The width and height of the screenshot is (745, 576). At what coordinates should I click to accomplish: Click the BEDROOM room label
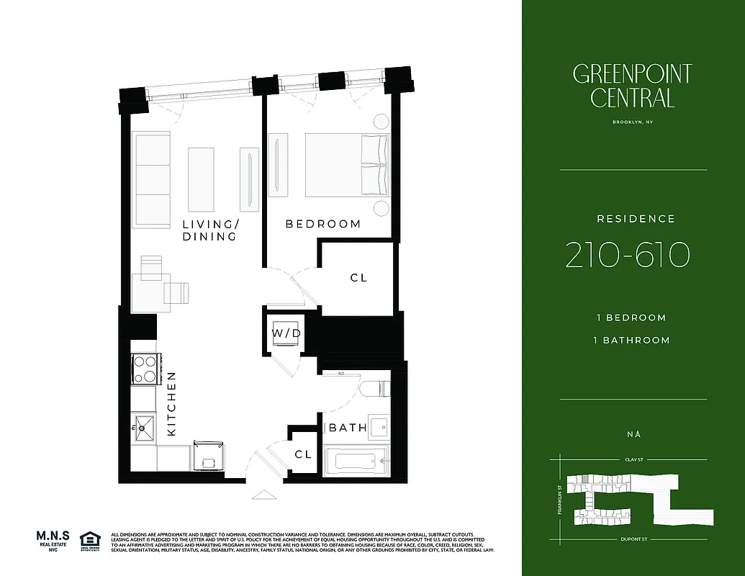(323, 224)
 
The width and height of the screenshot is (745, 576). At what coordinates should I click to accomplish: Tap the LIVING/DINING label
(209, 230)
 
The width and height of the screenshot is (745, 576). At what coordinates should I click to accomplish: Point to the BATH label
(348, 428)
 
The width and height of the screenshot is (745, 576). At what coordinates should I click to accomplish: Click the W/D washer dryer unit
(286, 333)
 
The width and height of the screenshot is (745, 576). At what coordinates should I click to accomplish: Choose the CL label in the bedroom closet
(358, 277)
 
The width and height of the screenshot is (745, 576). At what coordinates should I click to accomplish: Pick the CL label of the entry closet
(303, 454)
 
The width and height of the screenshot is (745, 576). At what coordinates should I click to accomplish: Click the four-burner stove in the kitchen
(145, 369)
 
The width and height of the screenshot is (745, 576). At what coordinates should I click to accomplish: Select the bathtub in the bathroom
(356, 460)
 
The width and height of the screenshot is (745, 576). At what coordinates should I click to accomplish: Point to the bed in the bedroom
(346, 165)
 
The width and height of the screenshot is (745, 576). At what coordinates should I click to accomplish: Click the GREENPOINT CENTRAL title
(632, 86)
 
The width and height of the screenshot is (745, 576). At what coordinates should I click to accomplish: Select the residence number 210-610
(628, 255)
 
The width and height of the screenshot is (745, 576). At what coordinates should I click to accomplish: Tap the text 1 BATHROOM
(632, 340)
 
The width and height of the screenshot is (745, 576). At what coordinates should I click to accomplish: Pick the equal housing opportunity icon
(91, 541)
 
